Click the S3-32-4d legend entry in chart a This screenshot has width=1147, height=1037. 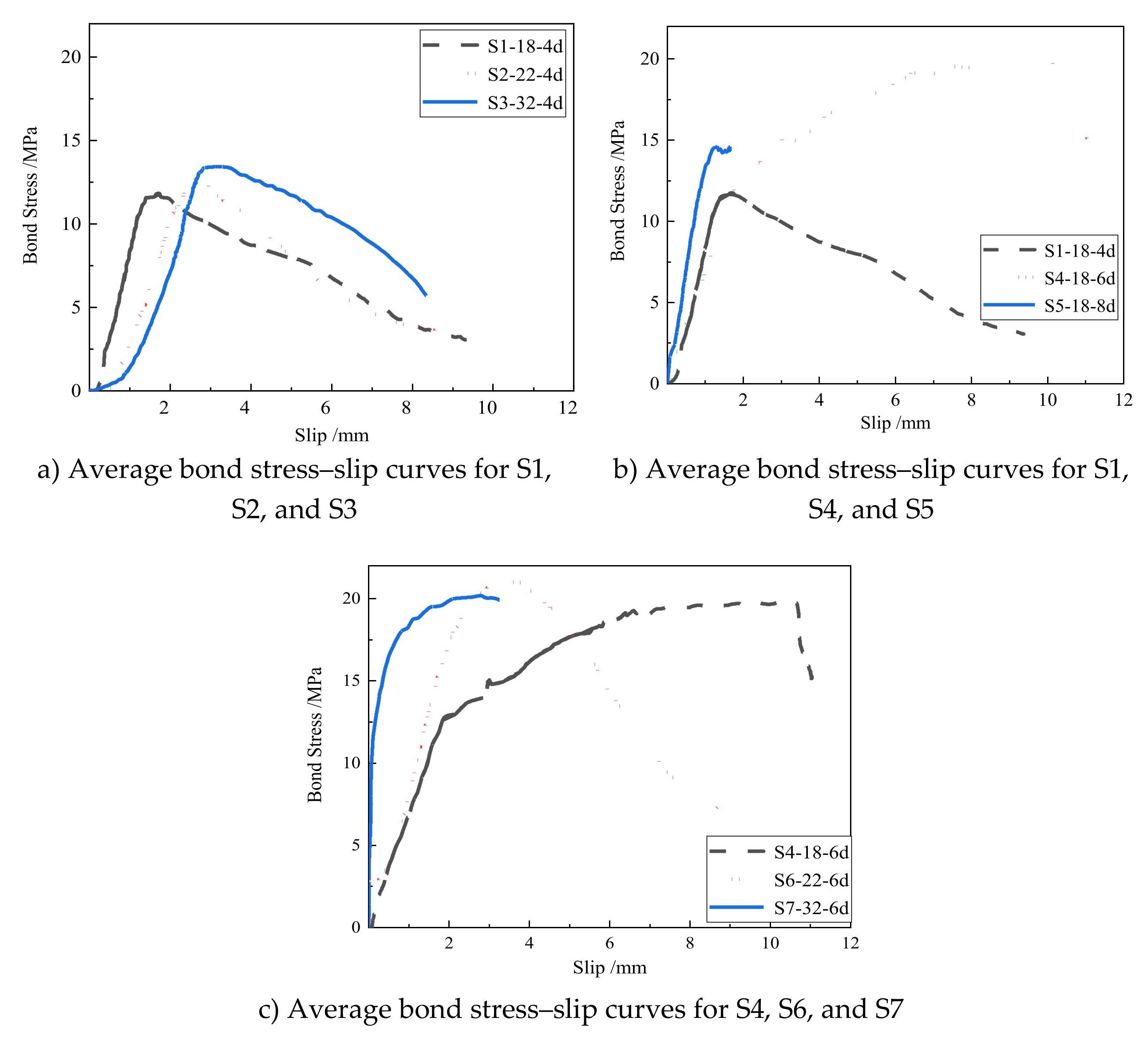525,103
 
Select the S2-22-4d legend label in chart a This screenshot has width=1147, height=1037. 525,75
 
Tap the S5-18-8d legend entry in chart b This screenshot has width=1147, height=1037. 1079,306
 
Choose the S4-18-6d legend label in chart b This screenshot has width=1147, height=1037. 1079,278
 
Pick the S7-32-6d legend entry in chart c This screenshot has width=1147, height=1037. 811,908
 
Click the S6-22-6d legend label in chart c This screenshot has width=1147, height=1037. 811,880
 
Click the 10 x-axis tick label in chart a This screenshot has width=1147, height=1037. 487,408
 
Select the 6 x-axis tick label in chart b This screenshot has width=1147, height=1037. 895,400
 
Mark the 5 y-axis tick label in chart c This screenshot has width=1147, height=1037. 356,845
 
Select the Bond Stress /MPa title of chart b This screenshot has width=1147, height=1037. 618,190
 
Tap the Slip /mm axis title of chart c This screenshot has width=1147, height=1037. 609,968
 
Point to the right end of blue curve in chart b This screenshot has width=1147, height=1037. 730,148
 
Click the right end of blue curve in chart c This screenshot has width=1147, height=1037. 498,599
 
